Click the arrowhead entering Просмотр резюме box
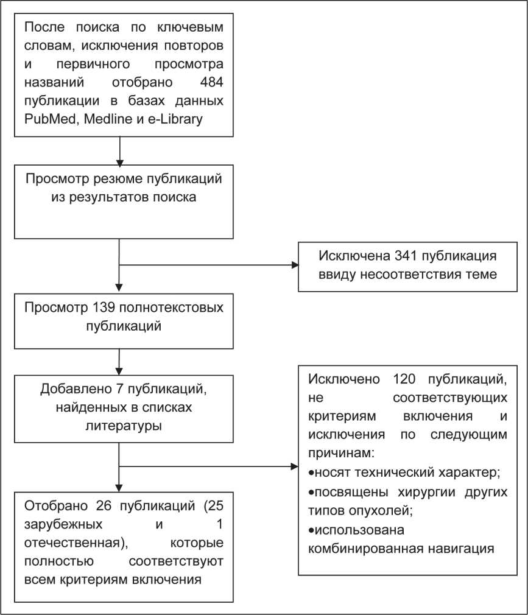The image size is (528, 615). pos(119,163)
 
